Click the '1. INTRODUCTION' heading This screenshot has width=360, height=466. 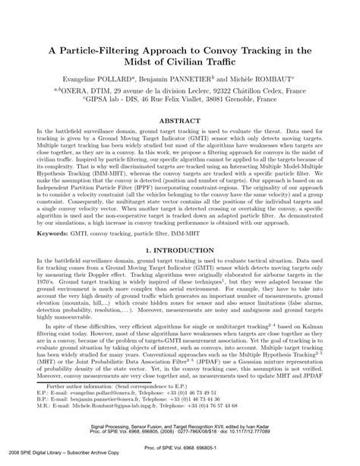(179, 248)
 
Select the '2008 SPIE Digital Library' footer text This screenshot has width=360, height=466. (37, 461)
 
